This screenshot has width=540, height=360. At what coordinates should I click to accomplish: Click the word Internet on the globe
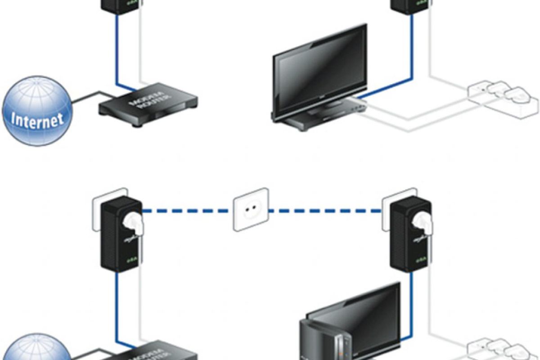[x=37, y=120]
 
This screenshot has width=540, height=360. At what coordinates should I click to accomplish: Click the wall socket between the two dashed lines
[x=251, y=209]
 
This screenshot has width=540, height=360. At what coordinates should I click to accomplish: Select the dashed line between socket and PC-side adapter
[x=324, y=210]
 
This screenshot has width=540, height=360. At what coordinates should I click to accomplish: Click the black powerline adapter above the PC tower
[x=410, y=236]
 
